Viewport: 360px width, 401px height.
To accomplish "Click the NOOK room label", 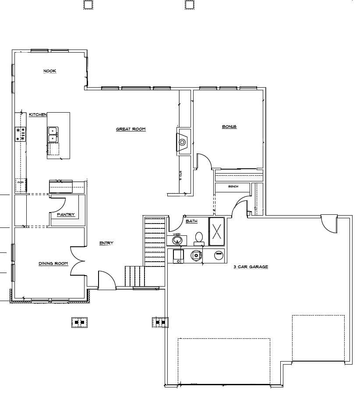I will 49,71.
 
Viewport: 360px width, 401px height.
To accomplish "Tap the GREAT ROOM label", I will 131,129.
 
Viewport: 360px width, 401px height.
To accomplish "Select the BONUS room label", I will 229,127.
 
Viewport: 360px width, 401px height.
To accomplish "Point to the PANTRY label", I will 66,215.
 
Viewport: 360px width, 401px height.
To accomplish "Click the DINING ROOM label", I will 53,263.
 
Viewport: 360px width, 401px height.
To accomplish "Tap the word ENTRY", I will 106,243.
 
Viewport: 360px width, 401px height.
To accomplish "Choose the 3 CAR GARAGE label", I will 251,266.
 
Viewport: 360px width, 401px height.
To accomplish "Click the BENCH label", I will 233,187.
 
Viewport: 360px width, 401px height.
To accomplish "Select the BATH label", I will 191,221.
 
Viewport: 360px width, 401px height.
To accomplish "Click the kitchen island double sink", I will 53,134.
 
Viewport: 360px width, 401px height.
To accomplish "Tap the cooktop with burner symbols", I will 21,134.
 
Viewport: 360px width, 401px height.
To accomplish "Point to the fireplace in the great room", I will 183,142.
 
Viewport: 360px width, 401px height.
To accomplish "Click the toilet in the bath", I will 199,238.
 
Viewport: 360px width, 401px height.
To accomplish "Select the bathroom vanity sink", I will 176,240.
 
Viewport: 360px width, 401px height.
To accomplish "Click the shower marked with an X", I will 216,231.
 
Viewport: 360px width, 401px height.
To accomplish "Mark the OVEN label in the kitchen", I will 20,182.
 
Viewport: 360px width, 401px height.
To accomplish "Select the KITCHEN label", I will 38,114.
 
